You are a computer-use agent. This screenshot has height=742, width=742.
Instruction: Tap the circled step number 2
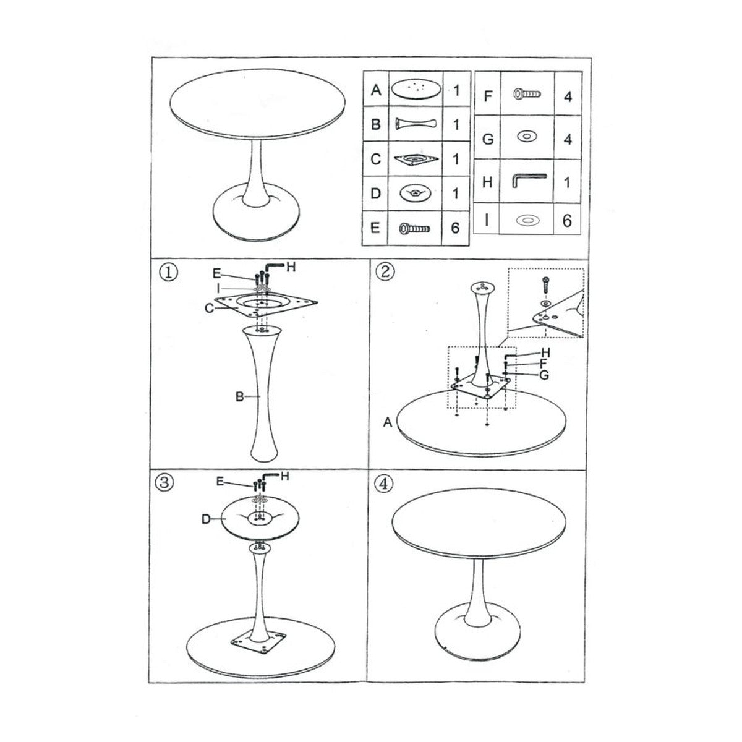[x=385, y=272]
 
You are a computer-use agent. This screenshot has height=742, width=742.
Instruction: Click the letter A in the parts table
[x=375, y=90]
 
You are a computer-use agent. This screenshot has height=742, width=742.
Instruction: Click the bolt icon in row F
[x=527, y=95]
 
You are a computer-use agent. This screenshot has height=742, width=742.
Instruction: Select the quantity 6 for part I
[x=567, y=221]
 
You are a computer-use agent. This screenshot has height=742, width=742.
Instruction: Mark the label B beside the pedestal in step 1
[x=239, y=397]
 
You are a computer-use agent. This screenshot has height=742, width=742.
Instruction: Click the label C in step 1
[x=210, y=307]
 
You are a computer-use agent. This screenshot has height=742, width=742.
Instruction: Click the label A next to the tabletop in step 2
[x=388, y=422]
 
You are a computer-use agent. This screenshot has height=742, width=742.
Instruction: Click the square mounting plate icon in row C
[x=415, y=159]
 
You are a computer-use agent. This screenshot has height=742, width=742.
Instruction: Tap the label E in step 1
[x=216, y=272]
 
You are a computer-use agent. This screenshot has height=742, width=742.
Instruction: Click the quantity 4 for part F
[x=567, y=96]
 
